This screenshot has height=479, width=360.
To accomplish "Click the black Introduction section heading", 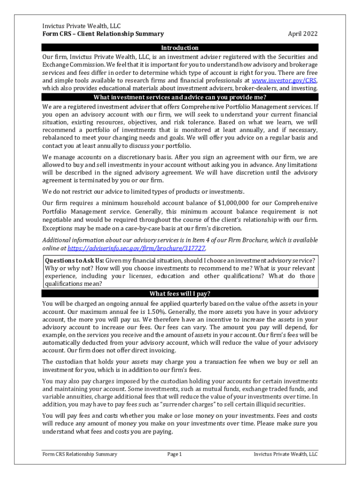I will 180,48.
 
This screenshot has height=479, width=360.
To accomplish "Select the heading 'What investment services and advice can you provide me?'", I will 180,97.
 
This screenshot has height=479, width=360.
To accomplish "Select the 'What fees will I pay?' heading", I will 180,294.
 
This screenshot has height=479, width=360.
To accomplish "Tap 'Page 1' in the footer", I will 174,454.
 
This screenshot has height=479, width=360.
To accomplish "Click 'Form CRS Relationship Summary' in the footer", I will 79,454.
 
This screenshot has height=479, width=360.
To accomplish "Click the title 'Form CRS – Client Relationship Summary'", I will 103,34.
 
